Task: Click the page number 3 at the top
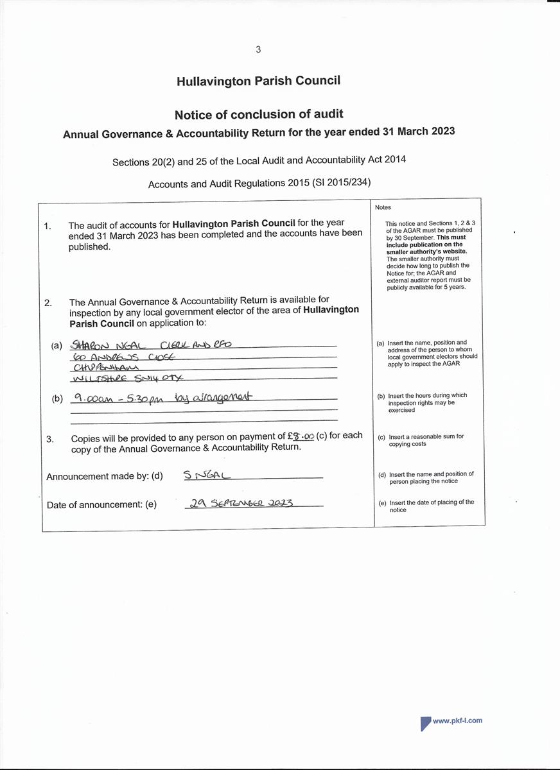click(258, 49)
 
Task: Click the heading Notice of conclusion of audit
click(259, 114)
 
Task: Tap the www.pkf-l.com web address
click(457, 721)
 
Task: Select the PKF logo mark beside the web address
click(425, 723)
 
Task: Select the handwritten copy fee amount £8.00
click(301, 436)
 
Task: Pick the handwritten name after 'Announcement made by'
click(207, 475)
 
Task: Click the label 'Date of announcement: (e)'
click(101, 505)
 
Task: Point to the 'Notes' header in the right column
click(383, 207)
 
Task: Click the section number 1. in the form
click(48, 226)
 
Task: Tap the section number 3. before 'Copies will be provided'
click(50, 439)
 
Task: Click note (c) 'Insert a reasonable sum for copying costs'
click(426, 440)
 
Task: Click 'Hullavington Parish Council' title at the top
click(259, 81)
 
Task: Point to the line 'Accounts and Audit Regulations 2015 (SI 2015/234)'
click(259, 184)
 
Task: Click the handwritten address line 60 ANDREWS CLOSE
click(125, 356)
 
